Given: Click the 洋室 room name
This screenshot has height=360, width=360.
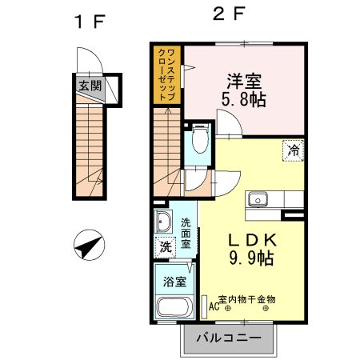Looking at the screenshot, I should pyautogui.click(x=244, y=82).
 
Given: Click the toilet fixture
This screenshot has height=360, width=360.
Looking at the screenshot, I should pyautogui.click(x=199, y=143).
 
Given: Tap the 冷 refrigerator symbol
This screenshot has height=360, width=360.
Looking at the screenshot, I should pyautogui.click(x=294, y=149).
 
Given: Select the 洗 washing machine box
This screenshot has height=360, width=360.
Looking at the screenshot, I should pyautogui.click(x=164, y=247).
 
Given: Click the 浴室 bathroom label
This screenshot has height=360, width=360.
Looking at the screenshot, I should pyautogui.click(x=174, y=282).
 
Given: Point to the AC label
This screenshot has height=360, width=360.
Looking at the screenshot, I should pyautogui.click(x=214, y=305).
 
